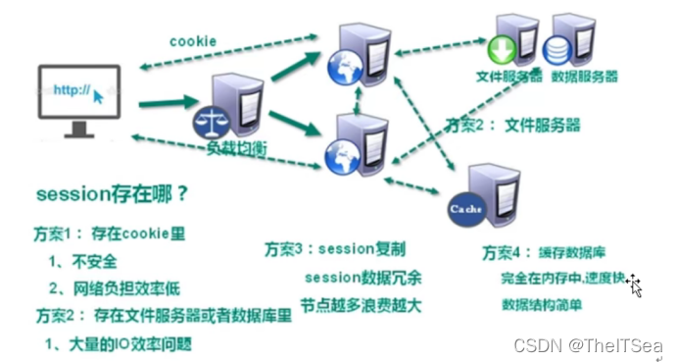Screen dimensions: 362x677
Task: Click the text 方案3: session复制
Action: (336, 249)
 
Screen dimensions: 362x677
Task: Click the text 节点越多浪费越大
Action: (362, 304)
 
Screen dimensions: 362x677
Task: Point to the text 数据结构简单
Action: (543, 304)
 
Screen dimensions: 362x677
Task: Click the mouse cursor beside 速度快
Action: (634, 284)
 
